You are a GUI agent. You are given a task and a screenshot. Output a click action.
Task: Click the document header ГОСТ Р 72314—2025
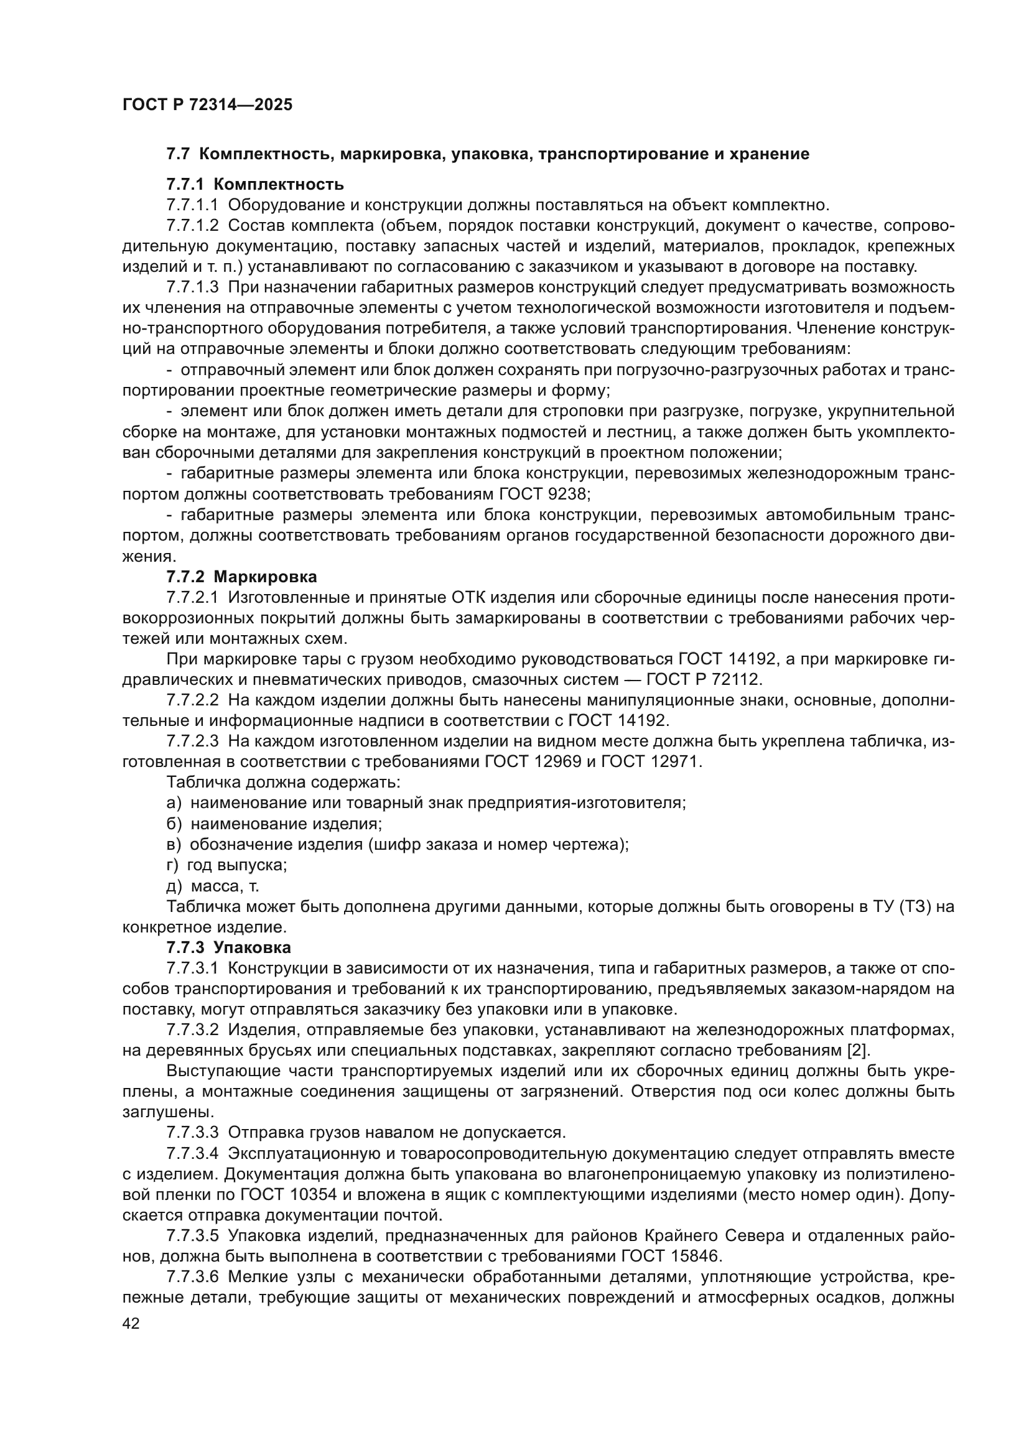[x=207, y=105]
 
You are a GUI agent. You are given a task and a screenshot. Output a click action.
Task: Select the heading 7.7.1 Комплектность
[x=254, y=184]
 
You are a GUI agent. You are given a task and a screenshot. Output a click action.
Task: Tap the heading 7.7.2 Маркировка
[x=241, y=577]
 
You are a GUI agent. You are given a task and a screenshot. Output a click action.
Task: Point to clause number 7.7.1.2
[x=193, y=226]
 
